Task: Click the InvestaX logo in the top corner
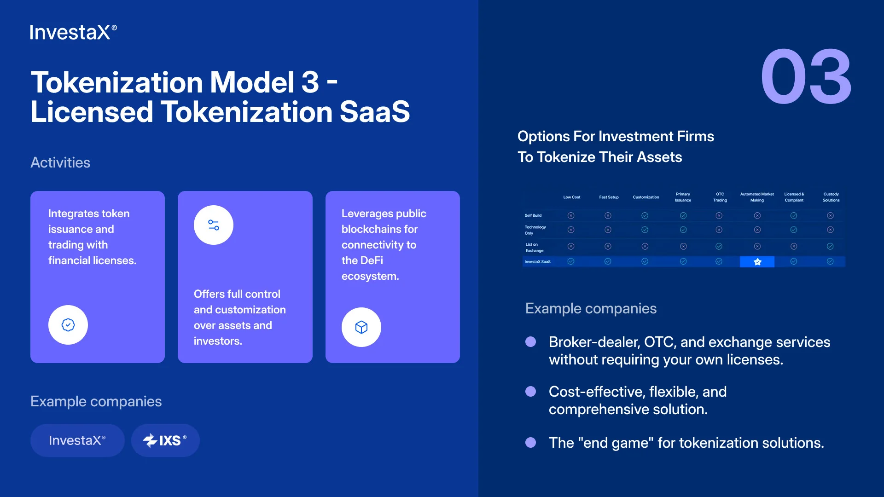click(74, 32)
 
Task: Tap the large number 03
click(806, 76)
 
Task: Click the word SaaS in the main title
click(375, 112)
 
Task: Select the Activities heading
click(60, 162)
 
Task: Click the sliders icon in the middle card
click(214, 225)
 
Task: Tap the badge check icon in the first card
click(68, 325)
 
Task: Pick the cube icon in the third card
click(361, 327)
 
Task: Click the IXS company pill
click(165, 440)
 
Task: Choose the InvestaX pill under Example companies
click(77, 440)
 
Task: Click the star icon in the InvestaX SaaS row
click(757, 262)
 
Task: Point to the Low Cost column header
click(571, 197)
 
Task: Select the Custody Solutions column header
click(831, 197)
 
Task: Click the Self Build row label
click(533, 215)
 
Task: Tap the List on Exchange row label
click(535, 248)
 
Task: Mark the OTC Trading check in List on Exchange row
click(719, 246)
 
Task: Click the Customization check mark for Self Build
click(645, 215)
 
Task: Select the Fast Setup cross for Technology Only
click(608, 230)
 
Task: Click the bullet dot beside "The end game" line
click(531, 443)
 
